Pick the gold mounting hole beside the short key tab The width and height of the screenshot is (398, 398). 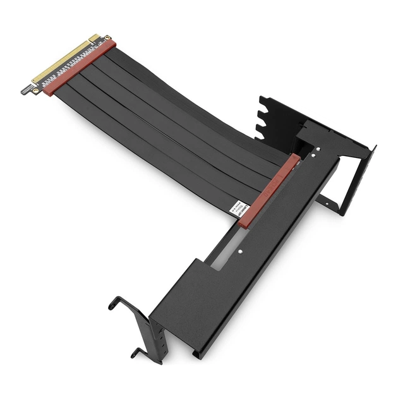tap(107, 38)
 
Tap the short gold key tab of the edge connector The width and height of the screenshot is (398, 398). tap(95, 39)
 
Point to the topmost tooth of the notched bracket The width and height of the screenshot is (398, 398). tap(262, 100)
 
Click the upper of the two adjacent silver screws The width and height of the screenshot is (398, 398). tap(317, 149)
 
